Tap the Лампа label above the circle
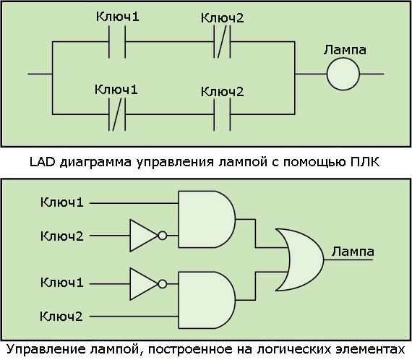345,50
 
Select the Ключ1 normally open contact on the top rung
117,42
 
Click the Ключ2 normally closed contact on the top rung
223,42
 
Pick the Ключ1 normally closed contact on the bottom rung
117,114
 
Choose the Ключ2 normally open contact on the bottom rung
223,114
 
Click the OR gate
299,260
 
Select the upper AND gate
207,219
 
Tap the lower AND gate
207,300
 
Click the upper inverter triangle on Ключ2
144,236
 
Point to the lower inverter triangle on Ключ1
144,284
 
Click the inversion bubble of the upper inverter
163,236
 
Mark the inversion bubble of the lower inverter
163,284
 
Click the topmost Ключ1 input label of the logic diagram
62,202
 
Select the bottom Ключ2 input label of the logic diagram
61,316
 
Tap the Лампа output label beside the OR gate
353,252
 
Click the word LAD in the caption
42,162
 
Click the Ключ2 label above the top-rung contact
223,18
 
